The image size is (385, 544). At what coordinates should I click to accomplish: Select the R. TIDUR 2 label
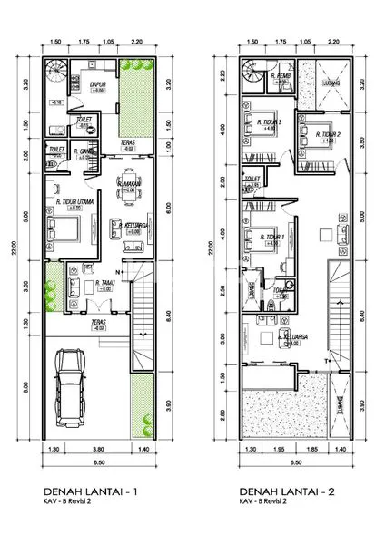(x=325, y=134)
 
